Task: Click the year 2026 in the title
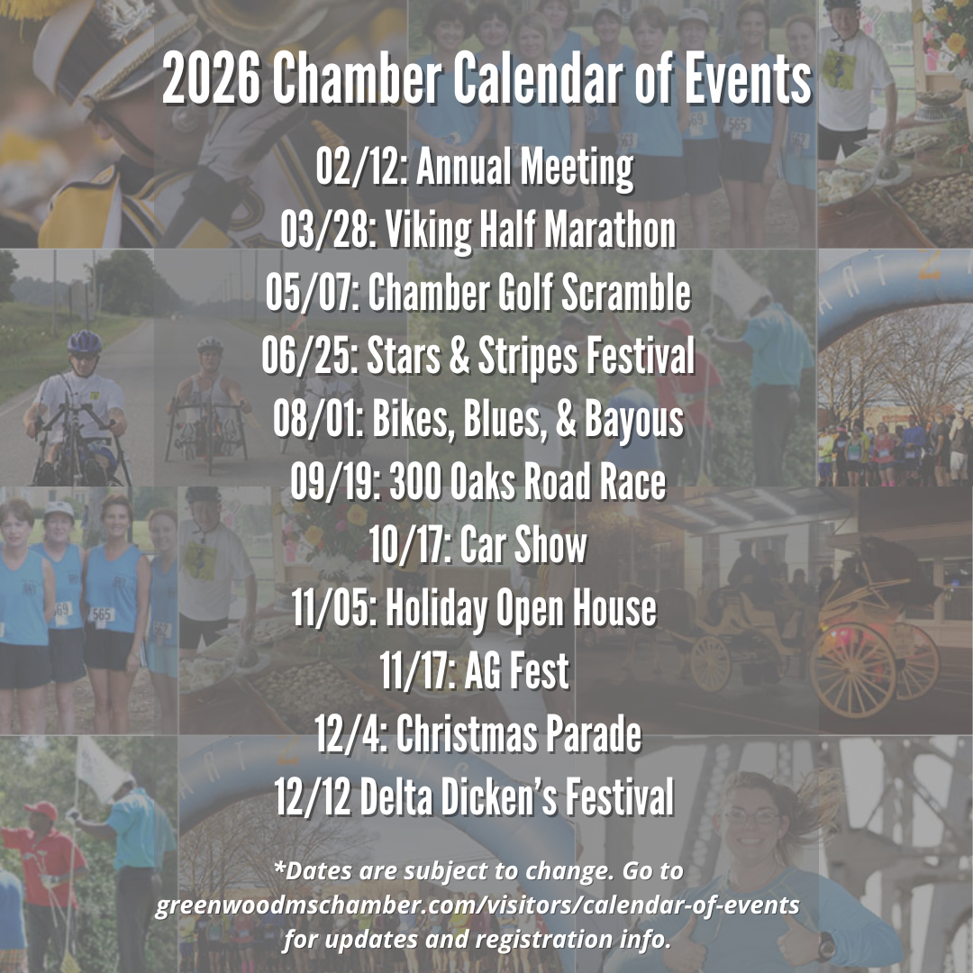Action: tap(211, 78)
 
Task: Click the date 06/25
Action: tap(308, 356)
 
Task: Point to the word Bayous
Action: tap(633, 420)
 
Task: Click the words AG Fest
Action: tap(516, 671)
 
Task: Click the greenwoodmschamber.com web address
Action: tap(477, 905)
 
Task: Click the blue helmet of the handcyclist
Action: tap(85, 342)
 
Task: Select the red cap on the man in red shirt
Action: tap(41, 810)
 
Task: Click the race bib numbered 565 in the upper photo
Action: tap(737, 124)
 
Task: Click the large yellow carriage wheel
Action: tap(853, 670)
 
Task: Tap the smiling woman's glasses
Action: tap(751, 815)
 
